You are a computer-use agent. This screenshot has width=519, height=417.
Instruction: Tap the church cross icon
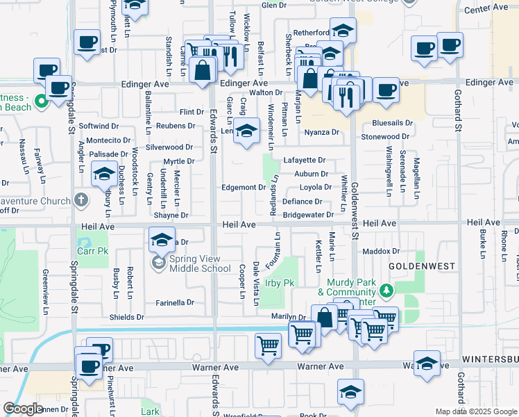click(82, 202)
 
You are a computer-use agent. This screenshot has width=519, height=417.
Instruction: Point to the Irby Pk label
click(280, 283)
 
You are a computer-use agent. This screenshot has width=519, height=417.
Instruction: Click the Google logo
click(24, 409)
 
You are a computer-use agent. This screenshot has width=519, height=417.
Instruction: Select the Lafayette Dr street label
click(304, 160)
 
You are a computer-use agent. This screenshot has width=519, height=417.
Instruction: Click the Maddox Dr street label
click(382, 251)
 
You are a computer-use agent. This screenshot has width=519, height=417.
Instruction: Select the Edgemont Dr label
click(243, 188)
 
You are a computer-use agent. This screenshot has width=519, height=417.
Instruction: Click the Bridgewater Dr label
click(308, 215)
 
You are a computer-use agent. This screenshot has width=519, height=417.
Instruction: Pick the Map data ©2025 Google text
click(475, 411)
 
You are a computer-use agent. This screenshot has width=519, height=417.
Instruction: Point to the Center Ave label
click(486, 8)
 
